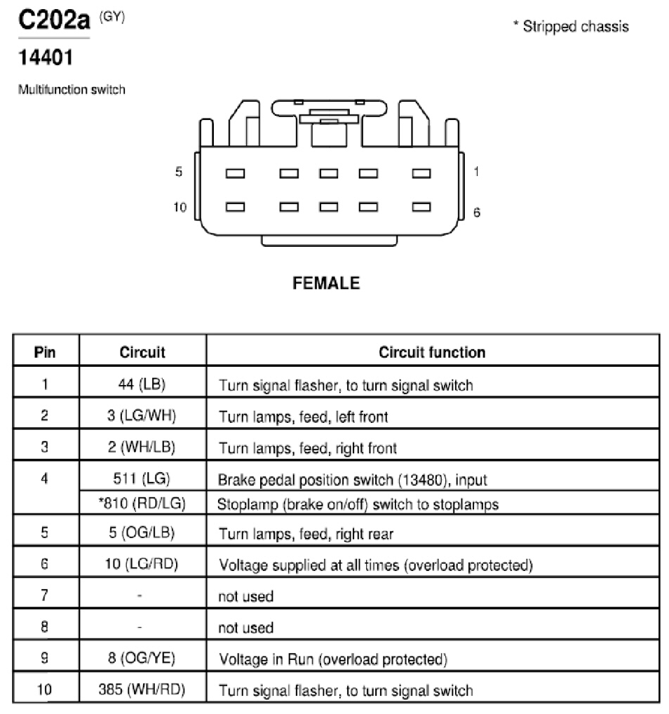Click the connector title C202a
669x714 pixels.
[x=54, y=20]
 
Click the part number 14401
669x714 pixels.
[x=46, y=58]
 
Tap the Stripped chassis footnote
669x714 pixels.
[x=571, y=27]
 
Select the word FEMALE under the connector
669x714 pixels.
[x=326, y=283]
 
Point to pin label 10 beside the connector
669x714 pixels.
[x=180, y=207]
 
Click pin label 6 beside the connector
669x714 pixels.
[x=477, y=213]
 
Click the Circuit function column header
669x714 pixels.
[x=432, y=352]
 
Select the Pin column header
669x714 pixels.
[x=45, y=352]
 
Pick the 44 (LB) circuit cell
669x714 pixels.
[x=142, y=384]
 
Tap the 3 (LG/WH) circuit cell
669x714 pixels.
[x=142, y=415]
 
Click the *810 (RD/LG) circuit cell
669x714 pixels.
[x=142, y=503]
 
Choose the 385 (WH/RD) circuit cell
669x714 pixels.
[x=142, y=689]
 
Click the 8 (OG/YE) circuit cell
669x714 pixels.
[x=142, y=657]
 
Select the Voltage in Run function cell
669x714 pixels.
[x=333, y=659]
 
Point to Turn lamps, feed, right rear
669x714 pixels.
[x=306, y=533]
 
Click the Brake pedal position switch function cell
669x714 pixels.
[x=353, y=480]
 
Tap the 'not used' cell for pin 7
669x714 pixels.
[x=246, y=596]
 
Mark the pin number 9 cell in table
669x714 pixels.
[x=44, y=657]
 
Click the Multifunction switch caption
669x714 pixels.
[x=72, y=89]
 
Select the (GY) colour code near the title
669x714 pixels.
[x=112, y=17]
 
